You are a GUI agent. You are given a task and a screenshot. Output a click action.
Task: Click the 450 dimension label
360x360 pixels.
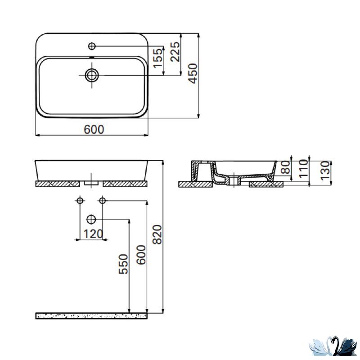[x=193, y=73]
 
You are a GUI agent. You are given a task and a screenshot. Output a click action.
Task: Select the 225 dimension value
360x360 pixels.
[x=175, y=52]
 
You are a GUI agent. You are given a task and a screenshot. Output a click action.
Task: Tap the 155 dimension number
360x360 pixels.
[x=158, y=58]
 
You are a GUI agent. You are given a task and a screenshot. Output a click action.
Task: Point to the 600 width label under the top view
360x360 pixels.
[x=94, y=130]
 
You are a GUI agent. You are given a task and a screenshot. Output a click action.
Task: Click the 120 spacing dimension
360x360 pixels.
[x=93, y=234]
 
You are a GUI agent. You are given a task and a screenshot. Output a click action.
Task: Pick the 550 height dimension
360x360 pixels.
[x=123, y=264]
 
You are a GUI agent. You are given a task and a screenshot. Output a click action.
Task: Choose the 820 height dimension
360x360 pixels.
[x=157, y=234]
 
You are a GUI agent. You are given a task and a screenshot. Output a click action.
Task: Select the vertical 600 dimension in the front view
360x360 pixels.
[x=141, y=255]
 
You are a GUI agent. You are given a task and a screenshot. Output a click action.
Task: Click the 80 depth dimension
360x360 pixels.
[x=286, y=167]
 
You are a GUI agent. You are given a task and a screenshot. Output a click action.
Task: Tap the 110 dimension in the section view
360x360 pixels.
[x=303, y=169]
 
